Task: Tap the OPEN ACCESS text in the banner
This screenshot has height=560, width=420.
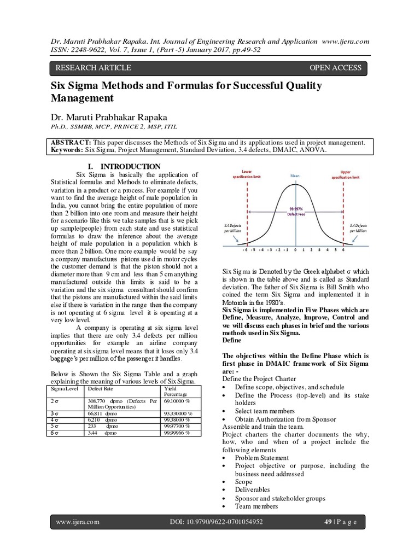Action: [x=335, y=68]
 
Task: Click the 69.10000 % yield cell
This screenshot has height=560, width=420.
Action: [x=178, y=400]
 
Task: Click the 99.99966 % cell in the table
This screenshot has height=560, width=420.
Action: [x=177, y=432]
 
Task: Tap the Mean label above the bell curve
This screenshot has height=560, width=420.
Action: [x=295, y=176]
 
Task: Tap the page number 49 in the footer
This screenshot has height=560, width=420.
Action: [x=326, y=522]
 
